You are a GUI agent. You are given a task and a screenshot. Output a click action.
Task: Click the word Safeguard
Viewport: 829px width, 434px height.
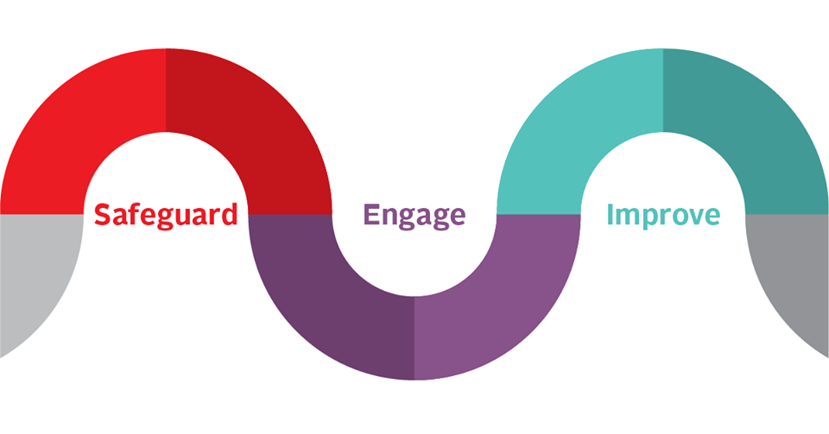[x=165, y=214]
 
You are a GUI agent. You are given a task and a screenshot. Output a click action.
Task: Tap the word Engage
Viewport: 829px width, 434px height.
[x=414, y=215]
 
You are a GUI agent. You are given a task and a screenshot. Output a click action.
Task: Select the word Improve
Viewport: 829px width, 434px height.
[x=662, y=215]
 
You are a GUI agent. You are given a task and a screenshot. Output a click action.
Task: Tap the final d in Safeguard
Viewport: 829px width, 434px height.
[x=228, y=213]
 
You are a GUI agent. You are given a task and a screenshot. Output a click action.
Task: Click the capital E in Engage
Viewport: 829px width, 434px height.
[x=371, y=214]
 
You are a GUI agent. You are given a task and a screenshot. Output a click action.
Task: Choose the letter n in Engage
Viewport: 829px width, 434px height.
[x=389, y=217]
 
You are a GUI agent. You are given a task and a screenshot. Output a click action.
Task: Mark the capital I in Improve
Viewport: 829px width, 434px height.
[x=611, y=214]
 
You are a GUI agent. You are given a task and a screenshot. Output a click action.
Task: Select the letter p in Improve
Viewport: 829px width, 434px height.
[x=649, y=218]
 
